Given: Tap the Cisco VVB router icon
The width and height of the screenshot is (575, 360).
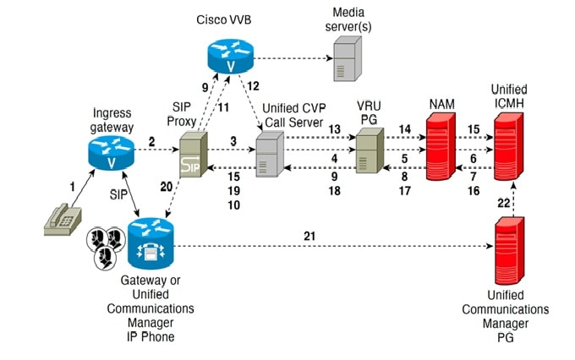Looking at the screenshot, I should coord(230,57).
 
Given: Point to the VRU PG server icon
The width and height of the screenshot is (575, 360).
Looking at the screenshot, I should coord(369,153).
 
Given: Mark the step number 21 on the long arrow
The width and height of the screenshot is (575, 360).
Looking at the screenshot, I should coord(309,236).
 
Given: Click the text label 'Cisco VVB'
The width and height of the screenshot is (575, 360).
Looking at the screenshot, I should coord(225,19).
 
